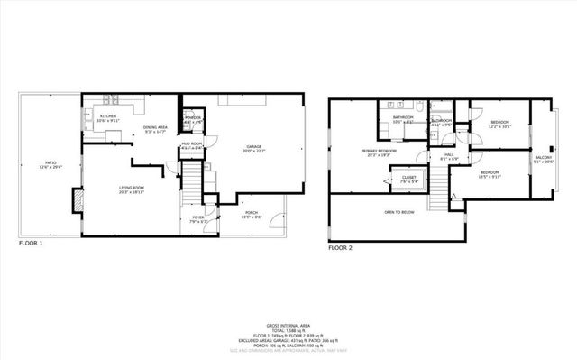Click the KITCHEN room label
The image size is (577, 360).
(108, 117)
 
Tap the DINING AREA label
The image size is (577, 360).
(155, 129)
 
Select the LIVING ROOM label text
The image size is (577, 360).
(132, 189)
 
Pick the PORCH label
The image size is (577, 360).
(253, 215)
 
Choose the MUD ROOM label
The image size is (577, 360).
(191, 144)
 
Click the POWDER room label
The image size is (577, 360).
(193, 118)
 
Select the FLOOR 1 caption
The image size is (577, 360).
(31, 244)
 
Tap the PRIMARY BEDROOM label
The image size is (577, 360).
(380, 152)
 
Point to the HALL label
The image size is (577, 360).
(448, 156)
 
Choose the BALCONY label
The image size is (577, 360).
(544, 158)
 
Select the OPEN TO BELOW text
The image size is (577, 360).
(399, 213)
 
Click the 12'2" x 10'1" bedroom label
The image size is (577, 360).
(499, 124)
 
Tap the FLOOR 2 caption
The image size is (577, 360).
(340, 246)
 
